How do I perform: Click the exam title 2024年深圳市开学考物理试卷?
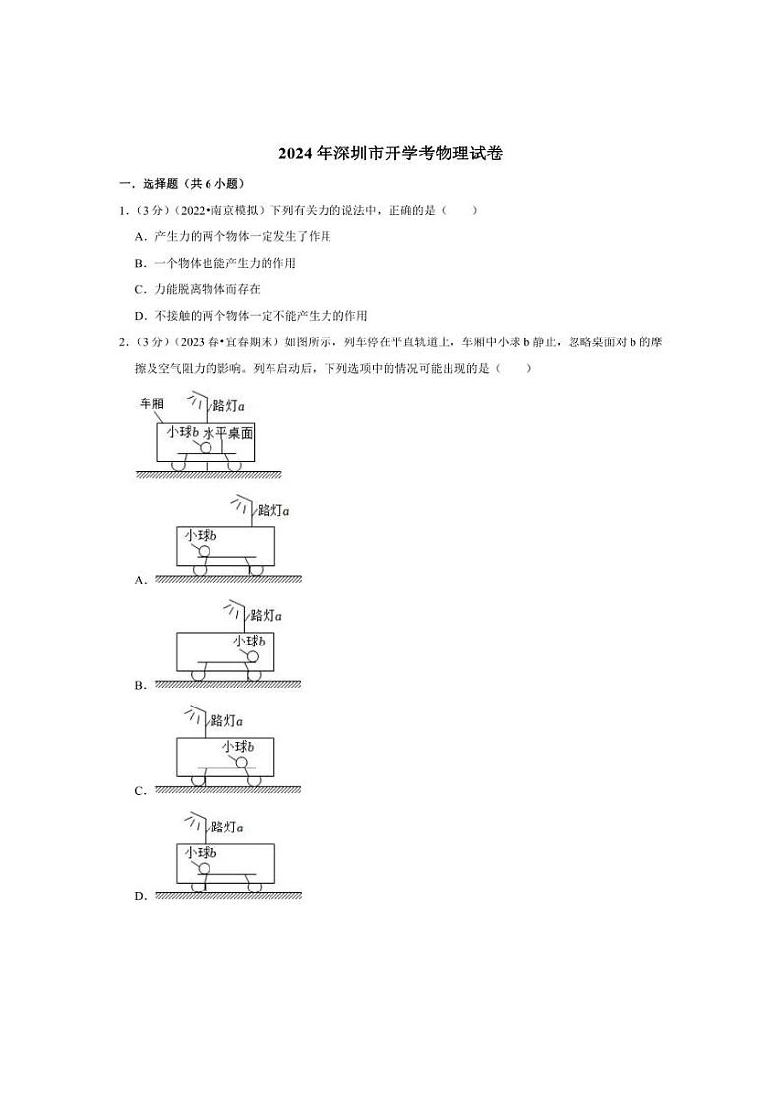click(391, 154)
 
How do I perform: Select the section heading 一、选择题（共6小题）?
click(181, 184)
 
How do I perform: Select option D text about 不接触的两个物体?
click(261, 316)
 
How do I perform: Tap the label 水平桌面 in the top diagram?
click(228, 432)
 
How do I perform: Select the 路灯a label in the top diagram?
click(227, 405)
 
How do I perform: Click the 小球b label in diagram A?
click(200, 535)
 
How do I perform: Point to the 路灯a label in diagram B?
click(266, 615)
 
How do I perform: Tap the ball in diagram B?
click(253, 656)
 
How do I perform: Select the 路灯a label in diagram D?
click(226, 828)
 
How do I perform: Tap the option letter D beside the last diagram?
click(140, 896)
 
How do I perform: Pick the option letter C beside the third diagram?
click(140, 791)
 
